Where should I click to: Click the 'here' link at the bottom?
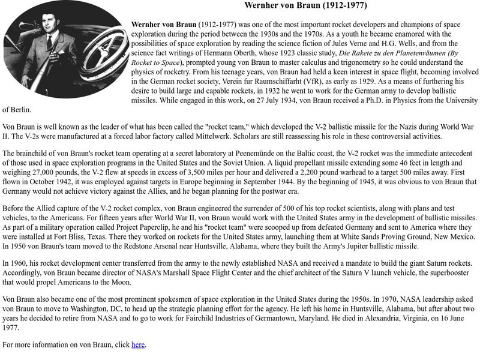coord(138,344)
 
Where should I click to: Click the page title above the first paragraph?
coord(306,6)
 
